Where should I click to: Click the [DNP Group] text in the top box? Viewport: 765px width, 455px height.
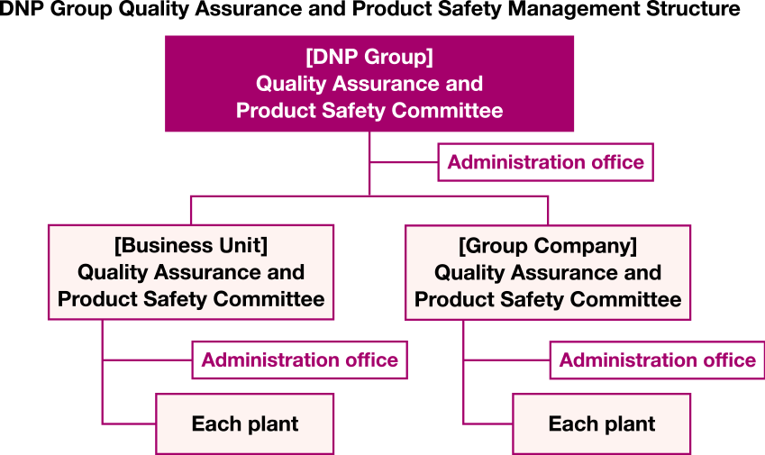369,57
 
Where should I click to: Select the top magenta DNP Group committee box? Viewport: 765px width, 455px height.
369,84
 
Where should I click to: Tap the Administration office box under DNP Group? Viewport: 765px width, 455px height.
545,162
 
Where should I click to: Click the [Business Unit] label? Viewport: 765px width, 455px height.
191,244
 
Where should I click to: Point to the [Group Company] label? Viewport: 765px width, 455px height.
548,245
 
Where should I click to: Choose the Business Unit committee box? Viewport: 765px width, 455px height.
191,272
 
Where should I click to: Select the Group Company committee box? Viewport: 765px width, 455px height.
548,272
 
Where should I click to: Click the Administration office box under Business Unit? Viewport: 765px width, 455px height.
299,360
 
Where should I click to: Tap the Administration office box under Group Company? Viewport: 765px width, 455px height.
657,360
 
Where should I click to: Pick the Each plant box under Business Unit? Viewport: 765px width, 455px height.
245,423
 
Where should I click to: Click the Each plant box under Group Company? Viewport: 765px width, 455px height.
602,423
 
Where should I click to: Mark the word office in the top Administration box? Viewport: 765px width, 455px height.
617,162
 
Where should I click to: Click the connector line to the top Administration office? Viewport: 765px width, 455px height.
404,162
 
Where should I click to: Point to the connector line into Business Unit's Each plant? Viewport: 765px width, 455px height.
129,423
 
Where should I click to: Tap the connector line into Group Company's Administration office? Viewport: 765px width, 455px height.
506,360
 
